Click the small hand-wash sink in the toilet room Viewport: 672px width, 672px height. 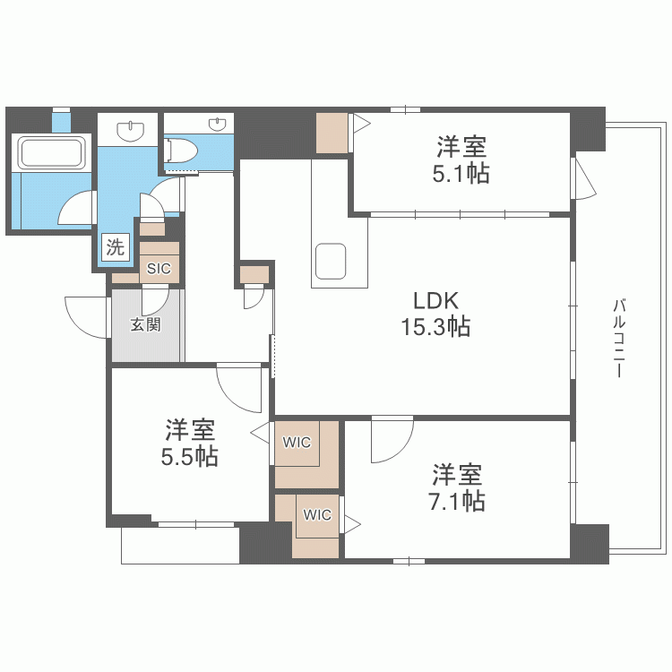[216, 125]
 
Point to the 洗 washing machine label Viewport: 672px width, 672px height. [115, 248]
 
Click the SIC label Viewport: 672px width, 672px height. [159, 268]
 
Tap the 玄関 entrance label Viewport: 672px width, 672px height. [146, 324]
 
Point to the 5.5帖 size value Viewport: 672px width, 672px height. [189, 456]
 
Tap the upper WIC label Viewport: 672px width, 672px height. [297, 442]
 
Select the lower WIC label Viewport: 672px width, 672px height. [316, 515]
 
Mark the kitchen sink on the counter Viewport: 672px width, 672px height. [331, 259]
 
